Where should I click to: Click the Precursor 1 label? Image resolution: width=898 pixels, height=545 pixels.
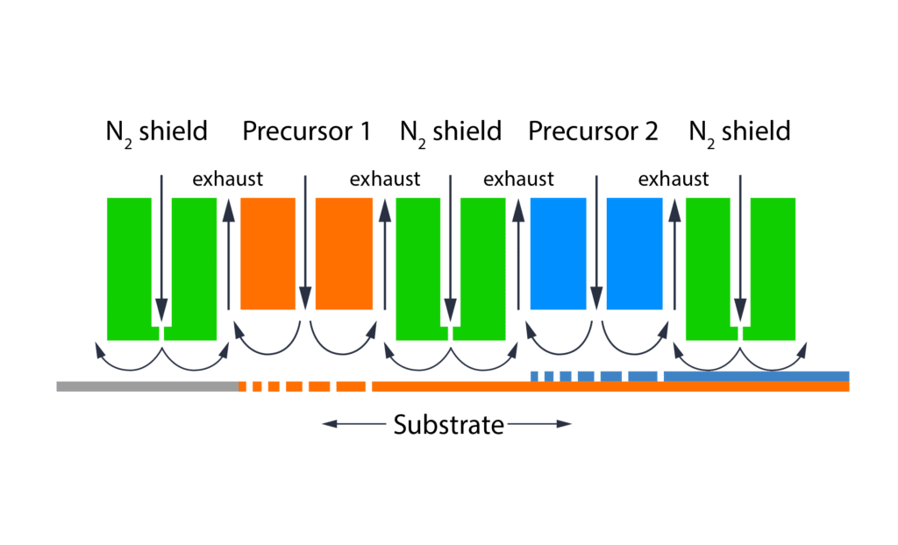[x=305, y=131]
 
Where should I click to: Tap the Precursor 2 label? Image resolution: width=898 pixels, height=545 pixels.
[x=593, y=131]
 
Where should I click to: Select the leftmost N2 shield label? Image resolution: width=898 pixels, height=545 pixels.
[x=156, y=131]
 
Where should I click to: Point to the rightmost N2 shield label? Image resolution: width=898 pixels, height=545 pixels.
[x=739, y=131]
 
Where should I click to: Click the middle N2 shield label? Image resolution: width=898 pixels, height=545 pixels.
[x=450, y=131]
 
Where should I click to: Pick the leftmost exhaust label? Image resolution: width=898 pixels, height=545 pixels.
[x=228, y=180]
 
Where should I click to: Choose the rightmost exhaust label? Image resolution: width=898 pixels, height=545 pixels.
[x=673, y=180]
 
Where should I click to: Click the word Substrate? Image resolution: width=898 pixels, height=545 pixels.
[x=448, y=426]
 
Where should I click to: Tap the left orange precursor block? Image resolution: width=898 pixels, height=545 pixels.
[x=267, y=253]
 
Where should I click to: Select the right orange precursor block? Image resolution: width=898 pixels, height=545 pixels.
[x=344, y=253]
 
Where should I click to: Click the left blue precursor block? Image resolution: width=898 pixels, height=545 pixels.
[x=558, y=253]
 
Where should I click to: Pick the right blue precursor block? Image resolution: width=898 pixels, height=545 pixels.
[x=634, y=253]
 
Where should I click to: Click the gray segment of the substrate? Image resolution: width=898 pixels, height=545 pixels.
[x=146, y=386]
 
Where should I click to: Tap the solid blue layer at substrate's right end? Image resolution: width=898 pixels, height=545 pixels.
[x=756, y=376]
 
